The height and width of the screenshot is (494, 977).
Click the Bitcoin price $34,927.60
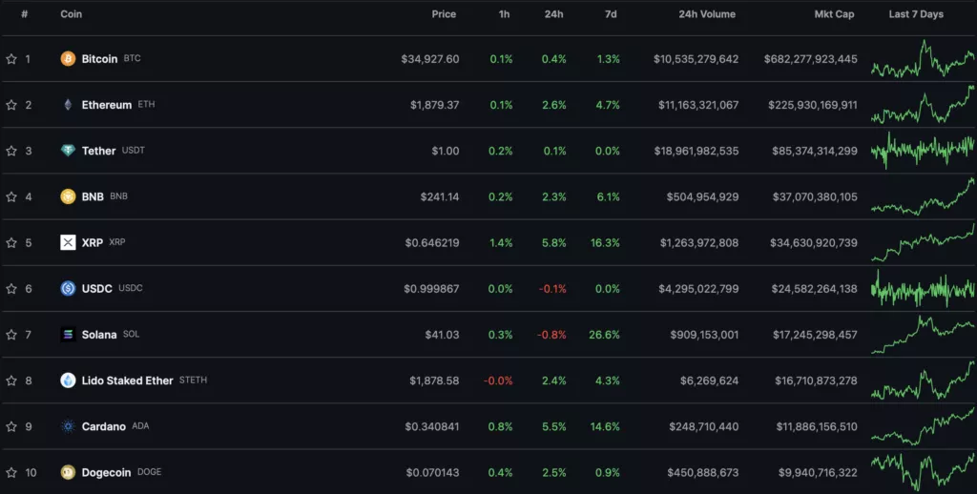click(429, 59)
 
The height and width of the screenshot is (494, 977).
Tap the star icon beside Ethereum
click(11, 105)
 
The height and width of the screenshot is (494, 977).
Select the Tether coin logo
click(68, 151)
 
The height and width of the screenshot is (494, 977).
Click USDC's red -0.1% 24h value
click(552, 289)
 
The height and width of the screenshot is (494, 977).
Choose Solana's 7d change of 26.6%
click(605, 335)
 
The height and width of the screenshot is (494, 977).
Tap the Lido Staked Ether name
click(127, 381)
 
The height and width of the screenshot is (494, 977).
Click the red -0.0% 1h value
click(500, 381)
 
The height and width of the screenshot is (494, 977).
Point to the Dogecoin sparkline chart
click(923, 470)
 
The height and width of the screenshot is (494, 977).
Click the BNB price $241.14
click(439, 196)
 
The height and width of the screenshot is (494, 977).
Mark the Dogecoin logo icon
click(68, 472)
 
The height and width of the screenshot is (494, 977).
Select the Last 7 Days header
click(916, 14)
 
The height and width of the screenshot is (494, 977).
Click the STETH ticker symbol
click(193, 381)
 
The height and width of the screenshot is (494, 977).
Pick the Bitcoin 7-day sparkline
click(923, 59)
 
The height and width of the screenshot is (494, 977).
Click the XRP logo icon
click(68, 242)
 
